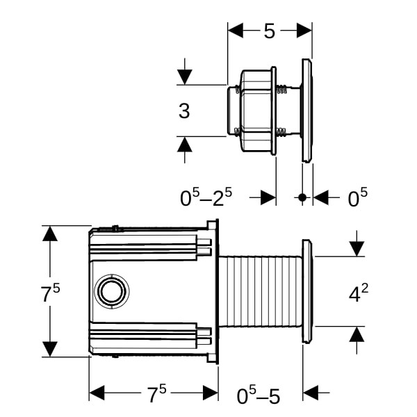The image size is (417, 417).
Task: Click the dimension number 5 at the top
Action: pos(270,31)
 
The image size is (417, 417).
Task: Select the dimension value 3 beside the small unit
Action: pos(184,111)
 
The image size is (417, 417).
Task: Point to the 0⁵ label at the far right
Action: pos(357,198)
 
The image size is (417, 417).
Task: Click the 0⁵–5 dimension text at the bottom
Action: pos(259,396)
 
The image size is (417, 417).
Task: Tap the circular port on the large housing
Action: pos(112,291)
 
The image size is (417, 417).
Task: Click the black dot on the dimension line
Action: pos(302,198)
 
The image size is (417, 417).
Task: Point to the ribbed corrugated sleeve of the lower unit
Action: pos(261,291)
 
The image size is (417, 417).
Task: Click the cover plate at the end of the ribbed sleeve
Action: pos(306,291)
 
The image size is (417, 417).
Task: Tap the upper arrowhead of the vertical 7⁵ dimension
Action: pos(49,234)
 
